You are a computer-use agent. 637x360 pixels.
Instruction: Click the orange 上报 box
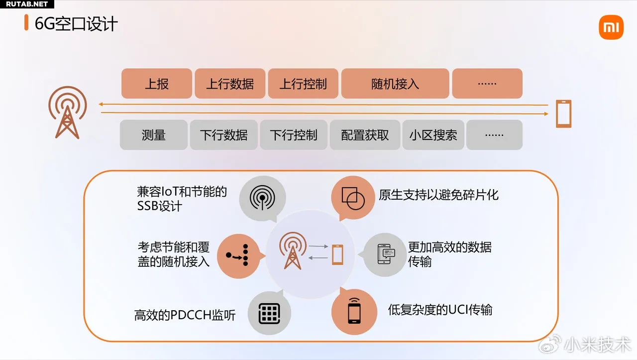coord(157,84)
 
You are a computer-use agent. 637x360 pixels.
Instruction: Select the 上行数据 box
coord(230,84)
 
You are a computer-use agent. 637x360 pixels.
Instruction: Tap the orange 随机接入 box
coord(395,84)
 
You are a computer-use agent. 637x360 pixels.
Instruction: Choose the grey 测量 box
coord(154,135)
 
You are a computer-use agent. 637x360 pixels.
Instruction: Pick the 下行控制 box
coord(294,135)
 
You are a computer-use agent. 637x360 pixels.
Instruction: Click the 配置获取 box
coord(365,135)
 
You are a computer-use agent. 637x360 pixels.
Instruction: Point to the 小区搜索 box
coord(433,135)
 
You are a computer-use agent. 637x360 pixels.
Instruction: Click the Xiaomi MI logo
coord(611,27)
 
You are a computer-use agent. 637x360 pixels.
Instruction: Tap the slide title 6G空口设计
coord(76,24)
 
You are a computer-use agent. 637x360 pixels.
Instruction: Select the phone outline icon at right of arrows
coord(563,114)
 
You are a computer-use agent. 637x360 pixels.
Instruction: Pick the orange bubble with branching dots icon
coord(239,255)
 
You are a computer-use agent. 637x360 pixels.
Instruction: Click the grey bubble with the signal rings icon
coord(262,198)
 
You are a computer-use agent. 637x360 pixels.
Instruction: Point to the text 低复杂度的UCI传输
coord(440,310)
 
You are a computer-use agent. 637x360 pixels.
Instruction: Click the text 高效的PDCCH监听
coord(185,315)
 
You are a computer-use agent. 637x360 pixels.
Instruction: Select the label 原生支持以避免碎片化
coord(438,195)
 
